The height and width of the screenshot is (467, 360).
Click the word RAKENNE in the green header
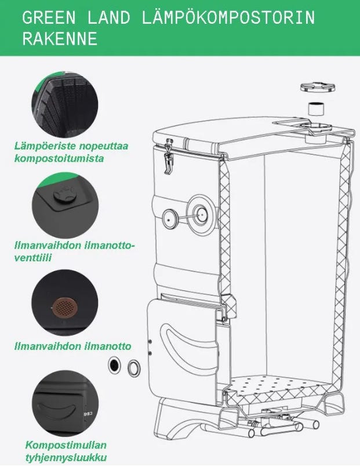(x=60, y=39)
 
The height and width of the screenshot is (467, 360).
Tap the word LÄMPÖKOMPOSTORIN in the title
(x=228, y=17)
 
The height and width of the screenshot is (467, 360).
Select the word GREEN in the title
(x=49, y=17)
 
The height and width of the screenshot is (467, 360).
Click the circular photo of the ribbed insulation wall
(x=65, y=104)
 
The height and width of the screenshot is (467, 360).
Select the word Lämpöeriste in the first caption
(x=45, y=146)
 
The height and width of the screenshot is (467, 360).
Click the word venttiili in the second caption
(x=33, y=258)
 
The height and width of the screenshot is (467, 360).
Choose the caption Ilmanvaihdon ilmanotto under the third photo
(x=73, y=346)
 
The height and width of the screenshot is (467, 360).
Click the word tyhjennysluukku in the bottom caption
(x=66, y=457)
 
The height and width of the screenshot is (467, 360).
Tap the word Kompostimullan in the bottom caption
(x=66, y=445)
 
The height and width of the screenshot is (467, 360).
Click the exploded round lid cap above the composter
(x=318, y=87)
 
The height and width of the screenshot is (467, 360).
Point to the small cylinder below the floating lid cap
(x=316, y=109)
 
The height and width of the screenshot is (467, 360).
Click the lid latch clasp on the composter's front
(x=169, y=156)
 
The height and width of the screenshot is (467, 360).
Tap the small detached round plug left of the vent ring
(x=169, y=219)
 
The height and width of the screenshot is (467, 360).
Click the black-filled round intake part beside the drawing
(x=114, y=365)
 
